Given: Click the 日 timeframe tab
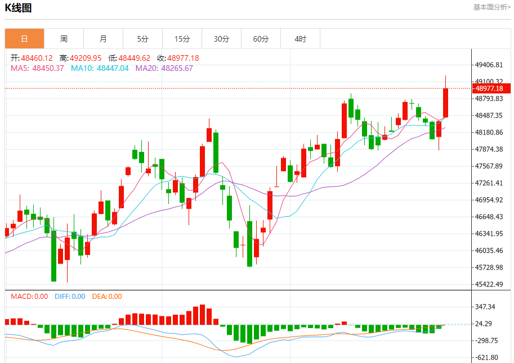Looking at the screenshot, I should pyautogui.click(x=24, y=39).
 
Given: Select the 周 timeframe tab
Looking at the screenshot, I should pyautogui.click(x=64, y=39).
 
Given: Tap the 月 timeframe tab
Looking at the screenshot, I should pyautogui.click(x=103, y=39).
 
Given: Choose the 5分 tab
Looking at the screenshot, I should pyautogui.click(x=142, y=39).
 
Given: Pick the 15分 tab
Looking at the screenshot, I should pyautogui.click(x=182, y=39).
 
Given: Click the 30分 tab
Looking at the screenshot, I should pyautogui.click(x=221, y=39).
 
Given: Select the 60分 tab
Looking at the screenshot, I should pyautogui.click(x=261, y=39).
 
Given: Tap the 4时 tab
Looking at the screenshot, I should pyautogui.click(x=300, y=39).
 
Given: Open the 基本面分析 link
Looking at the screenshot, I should pyautogui.click(x=491, y=7).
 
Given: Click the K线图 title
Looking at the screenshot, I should pyautogui.click(x=18, y=8).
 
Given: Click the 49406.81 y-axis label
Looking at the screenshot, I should pyautogui.click(x=489, y=65).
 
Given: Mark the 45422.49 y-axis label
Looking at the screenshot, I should pyautogui.click(x=489, y=284).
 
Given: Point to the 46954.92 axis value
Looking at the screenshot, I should pyautogui.click(x=489, y=200).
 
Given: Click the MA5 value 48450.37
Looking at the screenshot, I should pyautogui.click(x=48, y=68).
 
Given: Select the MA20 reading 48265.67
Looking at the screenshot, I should pyautogui.click(x=177, y=68).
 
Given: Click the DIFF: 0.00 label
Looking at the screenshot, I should pyautogui.click(x=70, y=297).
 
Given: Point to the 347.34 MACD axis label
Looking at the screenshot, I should pyautogui.click(x=485, y=307).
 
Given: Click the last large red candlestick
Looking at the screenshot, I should pyautogui.click(x=446, y=103).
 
